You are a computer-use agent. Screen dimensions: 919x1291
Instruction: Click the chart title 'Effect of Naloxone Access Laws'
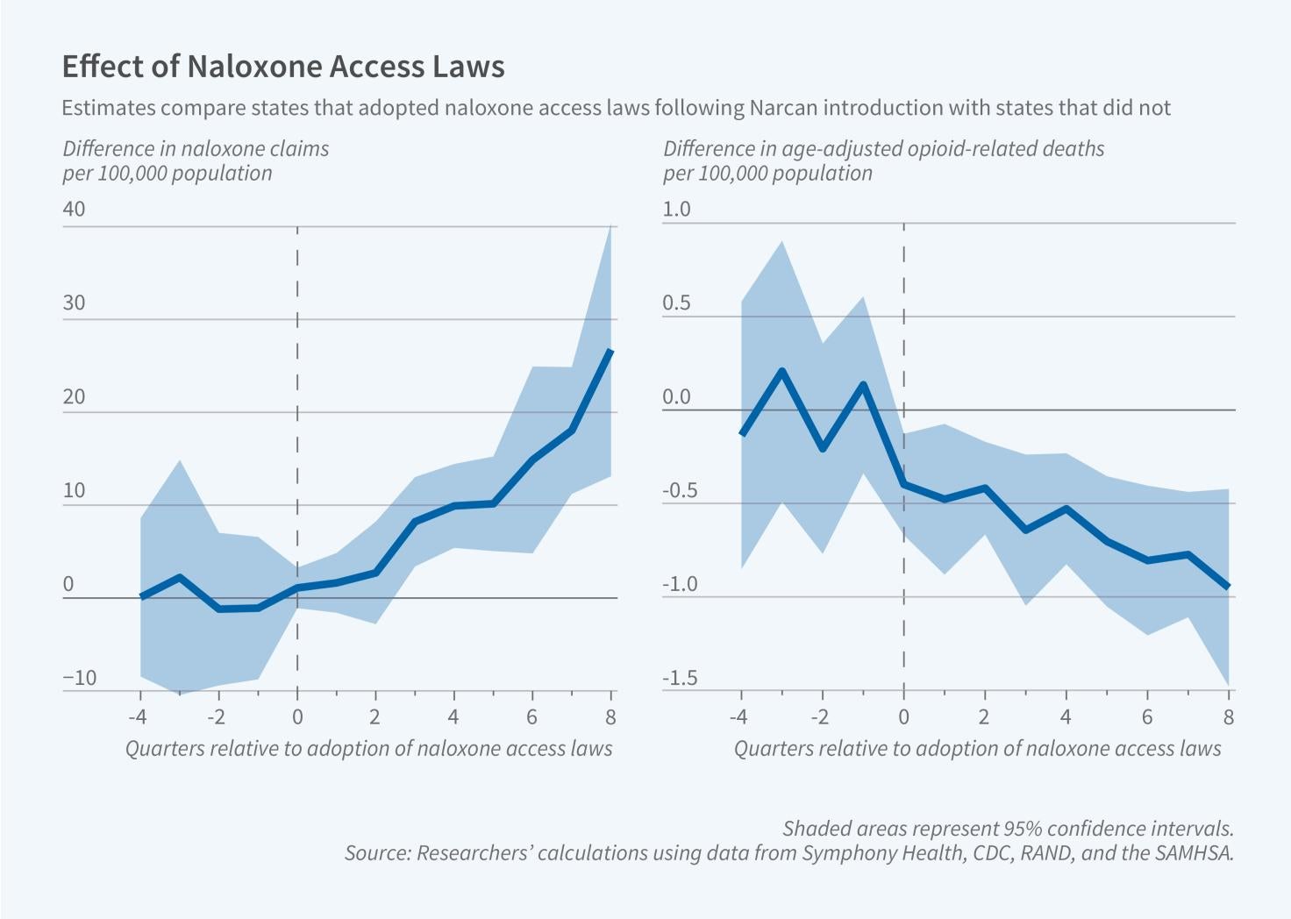[x=282, y=67]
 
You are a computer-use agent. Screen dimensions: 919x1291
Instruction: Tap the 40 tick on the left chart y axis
[x=75, y=209]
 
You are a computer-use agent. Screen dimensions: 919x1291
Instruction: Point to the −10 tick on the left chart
[x=79, y=678]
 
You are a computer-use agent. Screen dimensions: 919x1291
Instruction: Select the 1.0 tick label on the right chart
[x=676, y=209]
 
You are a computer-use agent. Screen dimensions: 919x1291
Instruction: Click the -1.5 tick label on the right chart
[x=680, y=678]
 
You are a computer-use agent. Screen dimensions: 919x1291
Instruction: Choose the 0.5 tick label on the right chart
[x=676, y=303]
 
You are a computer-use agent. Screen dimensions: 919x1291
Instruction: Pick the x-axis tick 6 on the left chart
[x=531, y=717]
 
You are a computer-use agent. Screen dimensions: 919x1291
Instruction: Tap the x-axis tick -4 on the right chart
[x=738, y=717]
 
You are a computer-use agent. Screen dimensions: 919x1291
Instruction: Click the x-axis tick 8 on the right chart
[x=1229, y=717]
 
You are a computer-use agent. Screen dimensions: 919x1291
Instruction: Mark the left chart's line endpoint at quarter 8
[x=610, y=351]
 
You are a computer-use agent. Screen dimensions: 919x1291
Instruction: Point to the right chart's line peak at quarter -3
[x=781, y=371]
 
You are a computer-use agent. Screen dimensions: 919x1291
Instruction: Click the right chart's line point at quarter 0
[x=903, y=484]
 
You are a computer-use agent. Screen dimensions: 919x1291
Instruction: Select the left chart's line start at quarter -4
[x=141, y=596]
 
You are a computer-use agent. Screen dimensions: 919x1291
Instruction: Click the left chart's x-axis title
[x=368, y=748]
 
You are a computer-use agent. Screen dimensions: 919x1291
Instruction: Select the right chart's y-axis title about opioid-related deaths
[x=883, y=160]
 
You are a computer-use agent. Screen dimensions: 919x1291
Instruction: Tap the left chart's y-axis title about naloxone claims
[x=196, y=160]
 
